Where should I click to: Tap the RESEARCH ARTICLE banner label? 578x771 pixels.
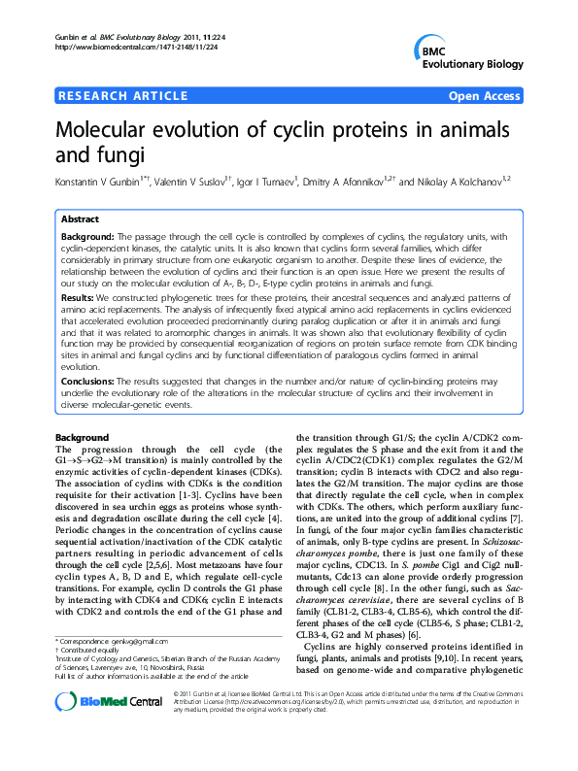point(123,96)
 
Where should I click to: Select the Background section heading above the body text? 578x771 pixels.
point(82,438)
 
